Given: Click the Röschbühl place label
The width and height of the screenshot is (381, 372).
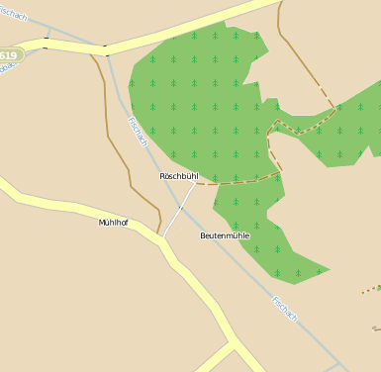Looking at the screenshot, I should pos(179,176).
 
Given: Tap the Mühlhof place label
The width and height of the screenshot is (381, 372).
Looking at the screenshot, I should pos(113,223).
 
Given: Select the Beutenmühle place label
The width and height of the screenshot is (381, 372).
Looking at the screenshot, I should pos(225,235).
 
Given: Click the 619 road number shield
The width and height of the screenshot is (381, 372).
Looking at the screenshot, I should pos(8,55).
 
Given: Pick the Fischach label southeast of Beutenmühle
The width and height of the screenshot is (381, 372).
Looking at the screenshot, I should pos(284,308).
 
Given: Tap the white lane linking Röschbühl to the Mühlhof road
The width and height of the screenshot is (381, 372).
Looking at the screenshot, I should pos(177,208).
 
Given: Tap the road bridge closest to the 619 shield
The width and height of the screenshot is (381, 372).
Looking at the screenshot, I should pos(46,44).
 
